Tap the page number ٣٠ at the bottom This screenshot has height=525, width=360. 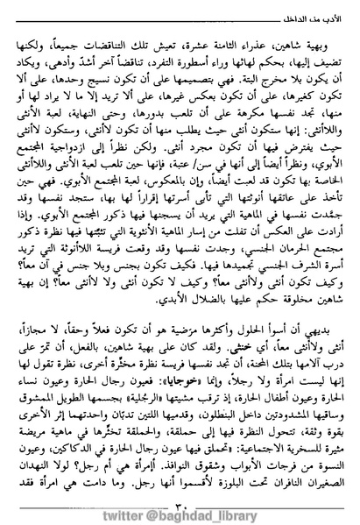click(181, 481)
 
